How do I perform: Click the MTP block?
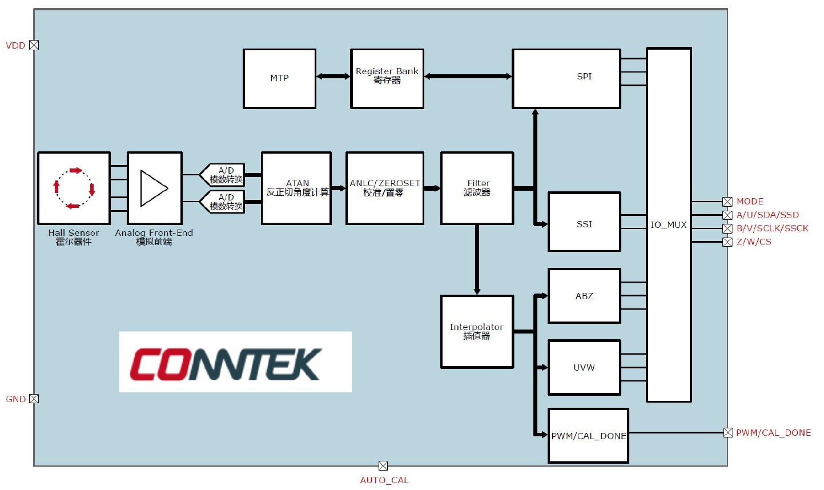click(279, 78)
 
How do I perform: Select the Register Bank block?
click(387, 78)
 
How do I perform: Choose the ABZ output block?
click(584, 295)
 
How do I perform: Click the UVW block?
click(584, 367)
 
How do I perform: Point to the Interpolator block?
click(477, 332)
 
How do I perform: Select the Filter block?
click(477, 188)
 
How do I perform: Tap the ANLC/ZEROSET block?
click(385, 188)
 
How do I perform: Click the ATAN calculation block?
click(296, 188)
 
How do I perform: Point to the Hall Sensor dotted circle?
click(74, 188)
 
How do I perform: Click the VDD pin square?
click(34, 45)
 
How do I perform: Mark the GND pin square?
click(34, 399)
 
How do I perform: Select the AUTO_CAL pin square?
click(383, 466)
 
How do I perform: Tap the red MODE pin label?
click(750, 202)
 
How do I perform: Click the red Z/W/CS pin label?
click(754, 242)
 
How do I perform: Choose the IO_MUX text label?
click(669, 225)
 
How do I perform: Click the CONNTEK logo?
click(235, 362)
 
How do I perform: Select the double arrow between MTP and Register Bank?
click(333, 76)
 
